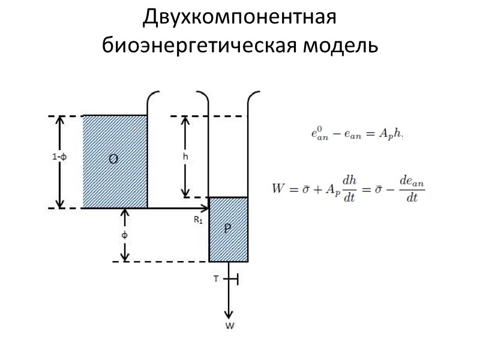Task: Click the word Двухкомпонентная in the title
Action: pyautogui.click(x=240, y=19)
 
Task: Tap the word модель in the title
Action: pyautogui.click(x=335, y=44)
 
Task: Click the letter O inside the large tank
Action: pyautogui.click(x=113, y=159)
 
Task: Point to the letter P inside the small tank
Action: pyautogui.click(x=228, y=229)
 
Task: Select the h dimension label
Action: pyautogui.click(x=186, y=156)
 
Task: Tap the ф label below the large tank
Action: pyautogui.click(x=125, y=235)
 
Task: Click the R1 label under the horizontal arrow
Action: pyautogui.click(x=198, y=220)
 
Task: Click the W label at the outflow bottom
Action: pyautogui.click(x=229, y=326)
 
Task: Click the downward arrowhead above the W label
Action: pyautogui.click(x=229, y=314)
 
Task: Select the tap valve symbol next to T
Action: pyautogui.click(x=235, y=279)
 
